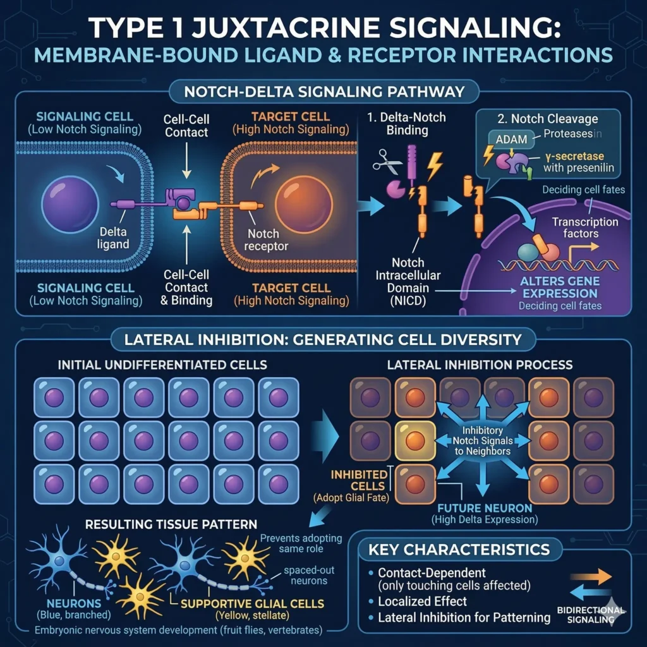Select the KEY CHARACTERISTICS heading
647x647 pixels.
point(458,550)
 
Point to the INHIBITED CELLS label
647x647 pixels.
point(349,480)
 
